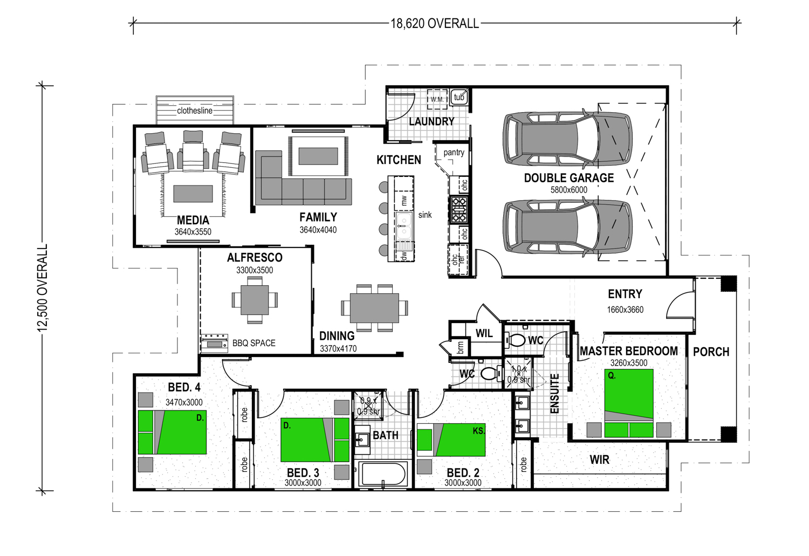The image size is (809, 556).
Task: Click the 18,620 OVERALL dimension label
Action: point(435,24)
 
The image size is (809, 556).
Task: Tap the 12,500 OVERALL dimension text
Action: point(43,288)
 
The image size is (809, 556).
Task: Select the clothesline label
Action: point(195,111)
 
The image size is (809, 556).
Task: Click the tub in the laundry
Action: point(459,97)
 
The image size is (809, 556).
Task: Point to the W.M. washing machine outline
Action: point(437,99)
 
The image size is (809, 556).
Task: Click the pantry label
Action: point(454,153)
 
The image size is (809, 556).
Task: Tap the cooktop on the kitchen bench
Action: point(458,209)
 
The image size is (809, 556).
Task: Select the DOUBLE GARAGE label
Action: point(569,177)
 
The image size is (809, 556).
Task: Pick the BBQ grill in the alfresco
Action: point(215,344)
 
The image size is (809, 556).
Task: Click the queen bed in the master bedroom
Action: point(629,403)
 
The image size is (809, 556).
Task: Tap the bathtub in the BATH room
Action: point(383,473)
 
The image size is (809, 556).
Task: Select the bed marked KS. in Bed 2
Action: point(451,440)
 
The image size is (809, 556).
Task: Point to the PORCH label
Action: point(711,352)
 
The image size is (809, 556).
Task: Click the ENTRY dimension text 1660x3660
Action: point(625,310)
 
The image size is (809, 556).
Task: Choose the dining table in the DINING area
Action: point(374,308)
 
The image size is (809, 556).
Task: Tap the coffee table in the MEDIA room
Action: point(193,194)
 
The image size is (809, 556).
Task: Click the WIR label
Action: point(600,459)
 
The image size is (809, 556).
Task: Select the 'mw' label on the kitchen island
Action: point(404,200)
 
